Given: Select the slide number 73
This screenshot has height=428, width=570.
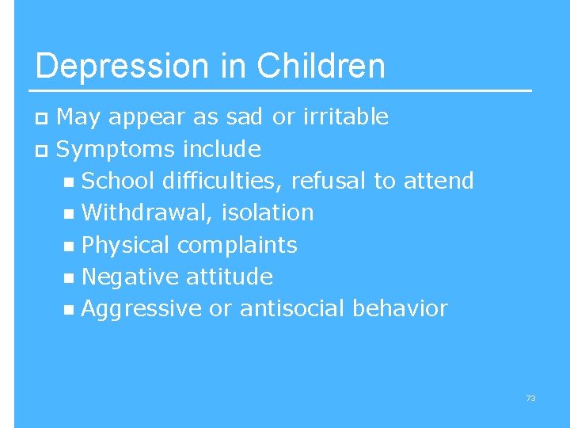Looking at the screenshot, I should (530, 398).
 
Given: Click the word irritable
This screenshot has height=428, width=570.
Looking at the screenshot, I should (343, 117).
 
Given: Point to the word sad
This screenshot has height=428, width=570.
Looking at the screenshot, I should (243, 117).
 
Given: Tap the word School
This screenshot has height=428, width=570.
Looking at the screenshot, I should (118, 181).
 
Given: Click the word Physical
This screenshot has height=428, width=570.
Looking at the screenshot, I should (126, 245).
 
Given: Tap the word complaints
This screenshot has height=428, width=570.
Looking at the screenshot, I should (237, 245).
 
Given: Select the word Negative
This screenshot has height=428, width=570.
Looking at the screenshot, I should (130, 277).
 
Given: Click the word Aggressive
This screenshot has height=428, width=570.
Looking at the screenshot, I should (142, 308).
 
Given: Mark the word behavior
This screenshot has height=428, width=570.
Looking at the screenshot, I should (402, 308).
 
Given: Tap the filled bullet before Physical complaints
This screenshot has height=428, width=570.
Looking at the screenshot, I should (70, 246).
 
